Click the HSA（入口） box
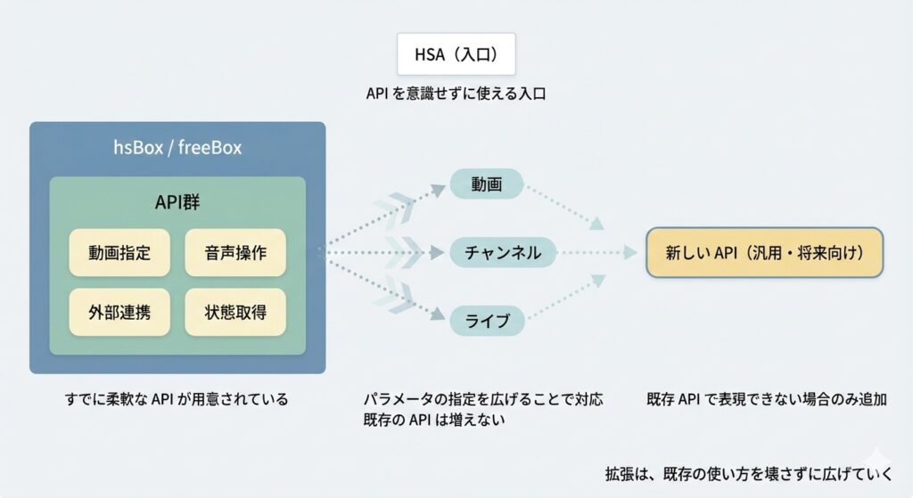456,55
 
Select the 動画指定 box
119,252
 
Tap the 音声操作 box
235,252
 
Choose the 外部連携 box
119,313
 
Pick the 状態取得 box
235,313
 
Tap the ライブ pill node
487,320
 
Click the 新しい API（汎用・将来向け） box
764,252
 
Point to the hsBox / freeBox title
177,147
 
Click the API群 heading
177,202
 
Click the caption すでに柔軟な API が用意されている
177,399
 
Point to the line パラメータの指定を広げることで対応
483,399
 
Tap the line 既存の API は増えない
435,420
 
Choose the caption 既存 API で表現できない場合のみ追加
767,399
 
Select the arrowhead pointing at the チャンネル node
438,253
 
